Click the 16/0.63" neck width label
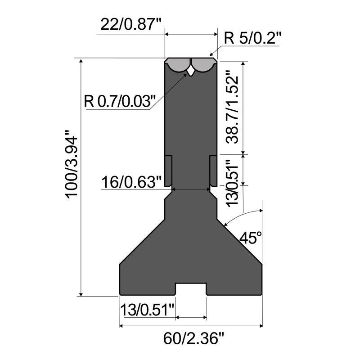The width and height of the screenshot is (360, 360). (x=130, y=183)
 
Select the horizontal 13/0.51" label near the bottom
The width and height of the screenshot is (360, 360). (x=147, y=310)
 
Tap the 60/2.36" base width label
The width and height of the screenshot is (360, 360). (x=191, y=337)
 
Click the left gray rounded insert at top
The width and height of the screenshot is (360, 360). (x=178, y=66)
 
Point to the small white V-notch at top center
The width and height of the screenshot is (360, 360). (x=191, y=71)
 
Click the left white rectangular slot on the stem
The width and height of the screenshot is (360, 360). (x=168, y=171)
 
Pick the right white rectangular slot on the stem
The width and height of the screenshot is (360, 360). (x=213, y=171)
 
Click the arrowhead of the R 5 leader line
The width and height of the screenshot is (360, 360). (x=212, y=54)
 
